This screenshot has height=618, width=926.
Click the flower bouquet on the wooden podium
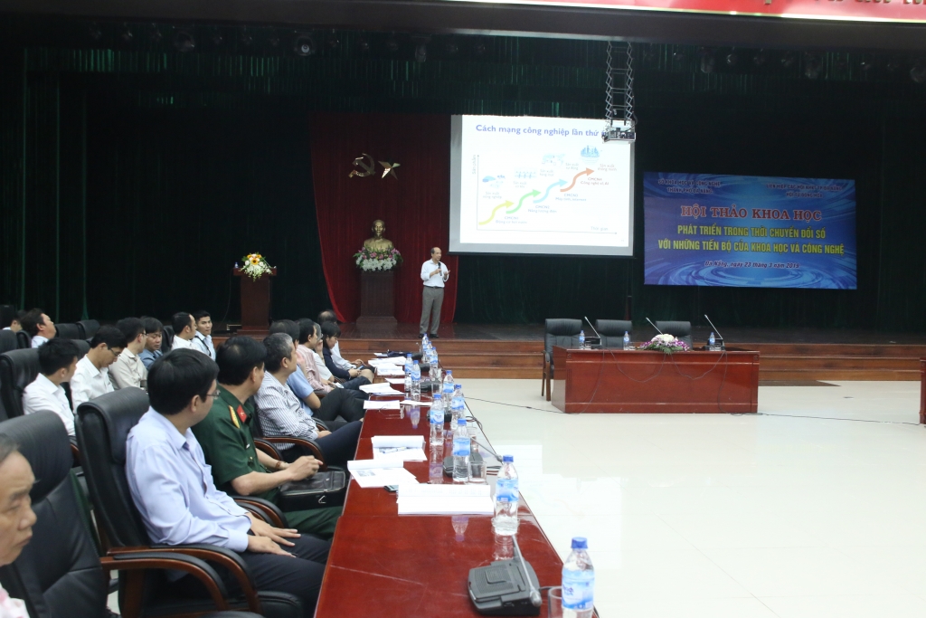coord(255,265)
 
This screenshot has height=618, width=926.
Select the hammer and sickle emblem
coord(363,166)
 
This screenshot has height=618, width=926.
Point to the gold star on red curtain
coord(390,167)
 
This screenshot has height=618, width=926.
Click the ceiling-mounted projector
coord(619,132)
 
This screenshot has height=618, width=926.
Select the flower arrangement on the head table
coord(664,343)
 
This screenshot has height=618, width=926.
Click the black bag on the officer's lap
coord(312,488)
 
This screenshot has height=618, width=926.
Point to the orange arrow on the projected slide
coord(576,179)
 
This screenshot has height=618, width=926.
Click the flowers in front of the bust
coord(377,259)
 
